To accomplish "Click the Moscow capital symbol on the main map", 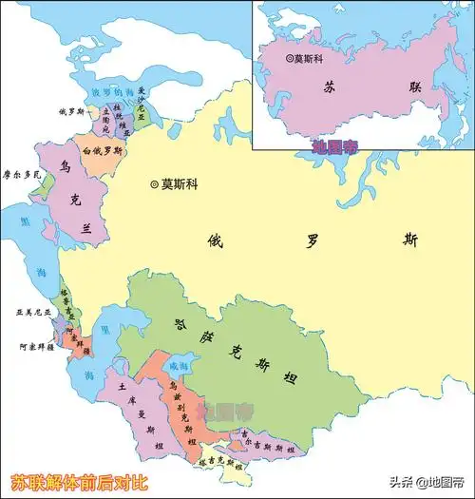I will tap(154, 183).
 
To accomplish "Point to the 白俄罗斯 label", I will tap(103, 151).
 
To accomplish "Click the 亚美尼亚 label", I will tap(30, 311).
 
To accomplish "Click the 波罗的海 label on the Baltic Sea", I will tap(107, 93).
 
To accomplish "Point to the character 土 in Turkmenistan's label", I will tap(121, 388).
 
